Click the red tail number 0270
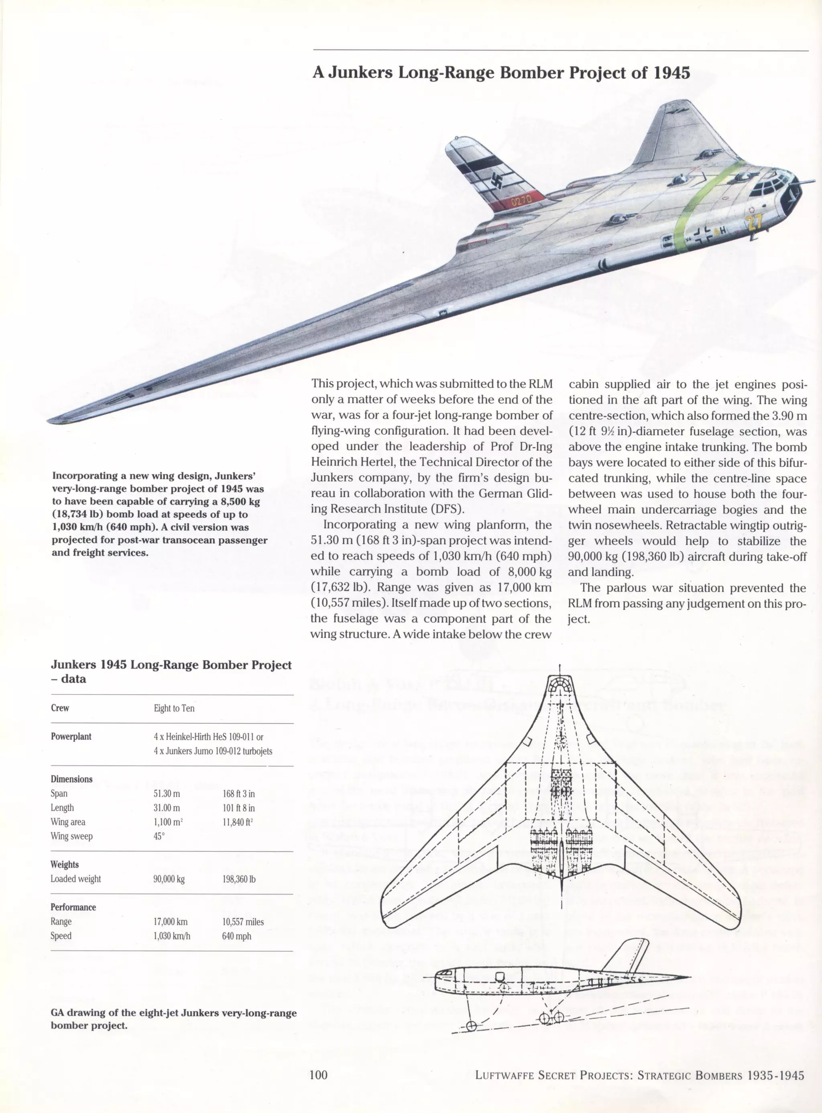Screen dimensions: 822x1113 point(521,201)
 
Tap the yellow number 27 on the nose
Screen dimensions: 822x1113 point(754,222)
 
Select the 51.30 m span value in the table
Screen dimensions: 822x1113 point(167,794)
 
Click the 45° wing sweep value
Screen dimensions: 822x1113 point(158,836)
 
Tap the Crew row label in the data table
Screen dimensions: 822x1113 point(60,708)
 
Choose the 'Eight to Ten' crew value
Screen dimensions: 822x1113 point(174,708)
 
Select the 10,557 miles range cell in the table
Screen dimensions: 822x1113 point(243,922)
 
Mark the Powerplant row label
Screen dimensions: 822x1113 point(71,737)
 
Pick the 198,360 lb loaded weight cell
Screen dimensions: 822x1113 point(239,879)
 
